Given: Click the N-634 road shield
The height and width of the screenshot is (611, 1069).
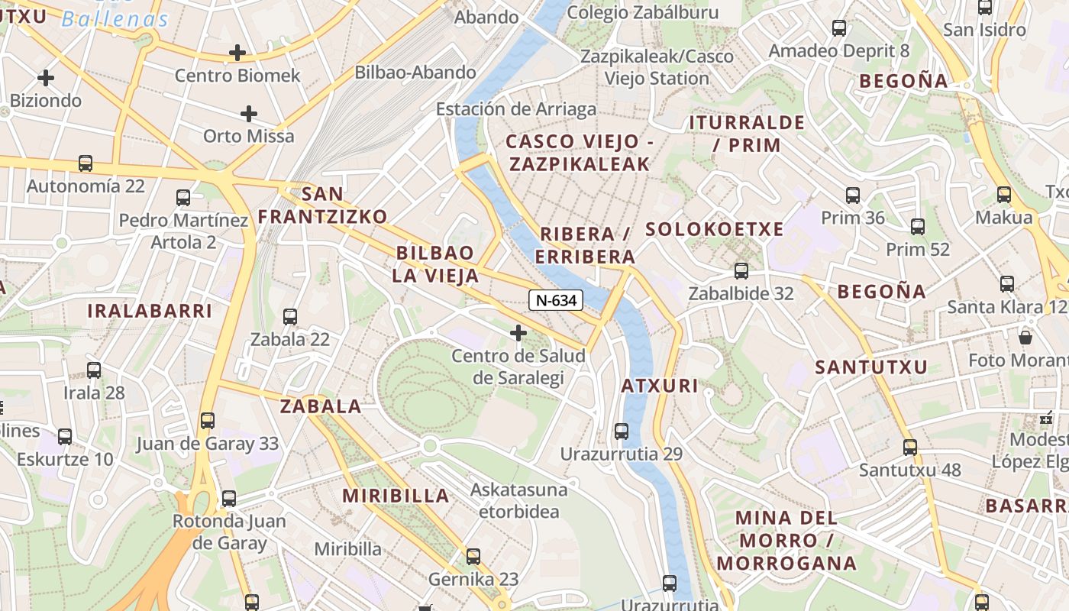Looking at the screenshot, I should coord(556,300).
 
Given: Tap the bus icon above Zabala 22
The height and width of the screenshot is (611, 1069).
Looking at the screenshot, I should coord(290,317).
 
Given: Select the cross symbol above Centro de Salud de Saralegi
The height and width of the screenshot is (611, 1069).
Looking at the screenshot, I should coord(518,333).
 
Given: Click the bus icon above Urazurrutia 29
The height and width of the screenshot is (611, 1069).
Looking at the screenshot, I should coord(622,432).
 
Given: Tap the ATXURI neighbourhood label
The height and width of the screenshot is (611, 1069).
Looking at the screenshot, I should coord(660,386).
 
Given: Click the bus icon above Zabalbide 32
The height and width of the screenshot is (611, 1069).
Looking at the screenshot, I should coord(741,271).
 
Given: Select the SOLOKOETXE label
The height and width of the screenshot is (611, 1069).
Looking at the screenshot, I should coord(715,229).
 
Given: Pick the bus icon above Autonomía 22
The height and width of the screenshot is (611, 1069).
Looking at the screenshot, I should coord(86,163).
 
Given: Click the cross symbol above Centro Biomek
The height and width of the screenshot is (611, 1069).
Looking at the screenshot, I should coord(237,53).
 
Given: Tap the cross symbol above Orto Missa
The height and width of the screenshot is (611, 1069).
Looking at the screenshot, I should coord(248,114).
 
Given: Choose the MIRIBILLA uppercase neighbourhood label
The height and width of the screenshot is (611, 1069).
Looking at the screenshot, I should coord(396,496).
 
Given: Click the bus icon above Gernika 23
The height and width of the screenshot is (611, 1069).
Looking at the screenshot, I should coord(473,556).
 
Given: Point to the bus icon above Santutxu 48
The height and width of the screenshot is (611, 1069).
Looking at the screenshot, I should coord(909,448).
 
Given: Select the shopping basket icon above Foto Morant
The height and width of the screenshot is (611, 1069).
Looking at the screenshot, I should coord(1025,336).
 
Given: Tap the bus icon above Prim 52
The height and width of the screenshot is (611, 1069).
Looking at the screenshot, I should coord(918,227).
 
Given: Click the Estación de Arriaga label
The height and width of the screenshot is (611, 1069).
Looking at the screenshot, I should coord(516,109).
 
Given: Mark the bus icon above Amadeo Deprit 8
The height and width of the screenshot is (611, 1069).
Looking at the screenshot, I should coord(839,28).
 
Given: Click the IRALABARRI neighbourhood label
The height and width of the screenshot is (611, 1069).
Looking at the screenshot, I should coord(150,311).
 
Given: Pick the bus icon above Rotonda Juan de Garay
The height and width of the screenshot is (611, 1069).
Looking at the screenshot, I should coord(229,499).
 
